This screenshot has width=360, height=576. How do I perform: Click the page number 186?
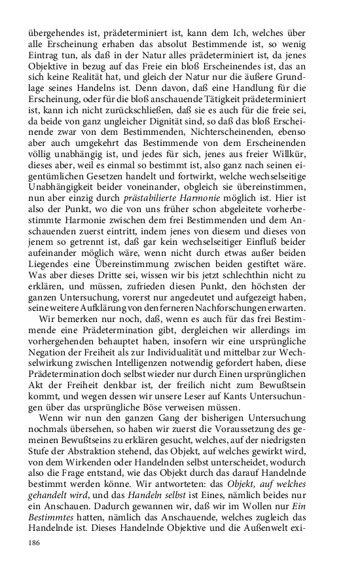35,543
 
